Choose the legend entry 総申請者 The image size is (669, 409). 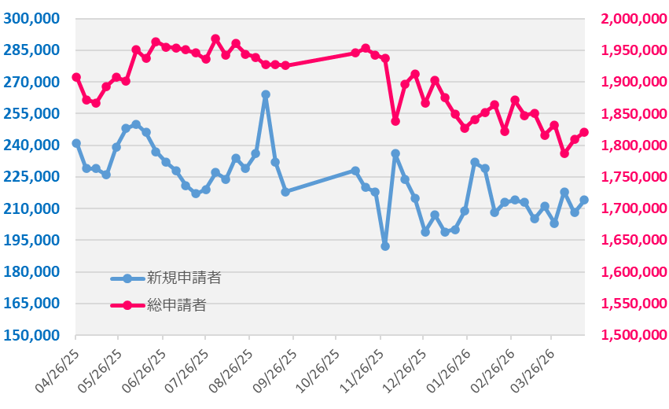[x=177, y=304]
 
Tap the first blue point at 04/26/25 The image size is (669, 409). [x=76, y=143]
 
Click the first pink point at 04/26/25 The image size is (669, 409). [x=76, y=77]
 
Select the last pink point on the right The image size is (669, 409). [x=584, y=132]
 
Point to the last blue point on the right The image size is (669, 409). [x=584, y=200]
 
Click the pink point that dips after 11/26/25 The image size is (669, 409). [x=395, y=120]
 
